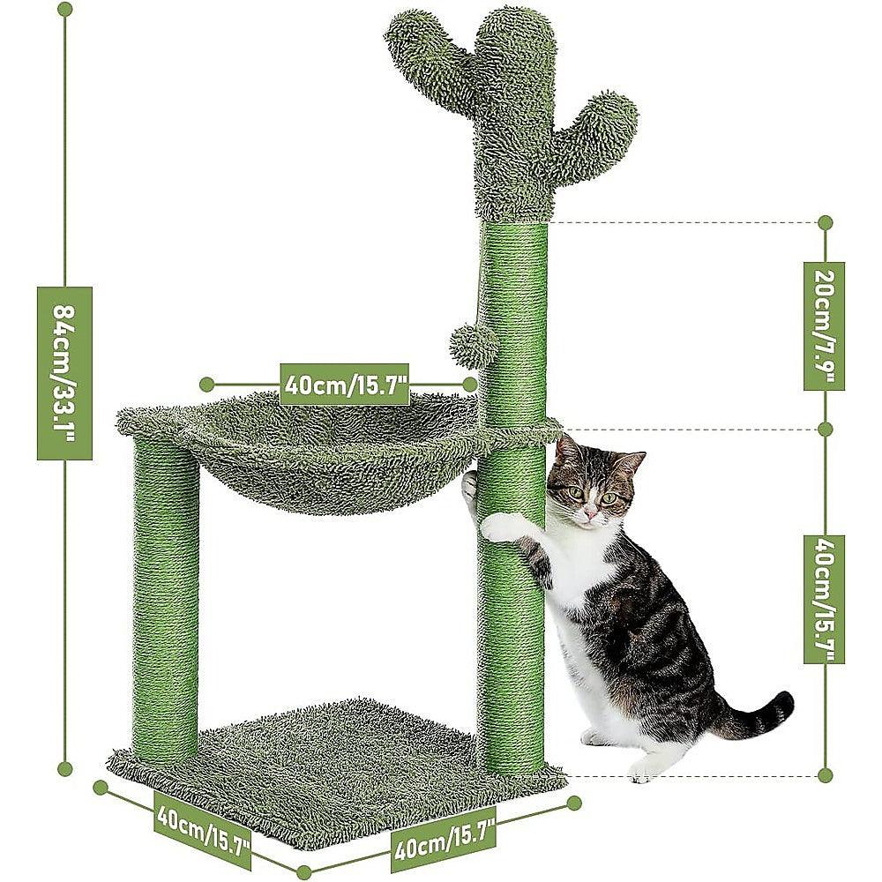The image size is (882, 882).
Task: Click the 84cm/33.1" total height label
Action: tap(64, 372)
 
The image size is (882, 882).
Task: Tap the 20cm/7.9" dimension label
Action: tap(825, 325)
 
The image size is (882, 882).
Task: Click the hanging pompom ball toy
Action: tap(474, 347)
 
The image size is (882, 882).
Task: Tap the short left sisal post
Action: tap(166, 600)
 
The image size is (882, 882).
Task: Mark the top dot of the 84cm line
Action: tap(64, 9)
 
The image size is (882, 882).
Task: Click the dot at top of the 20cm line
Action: tap(825, 222)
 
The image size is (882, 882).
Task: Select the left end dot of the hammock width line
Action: tap(206, 384)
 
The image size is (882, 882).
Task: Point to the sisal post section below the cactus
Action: tap(514, 318)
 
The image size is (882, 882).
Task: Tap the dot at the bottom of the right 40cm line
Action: tap(825, 775)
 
